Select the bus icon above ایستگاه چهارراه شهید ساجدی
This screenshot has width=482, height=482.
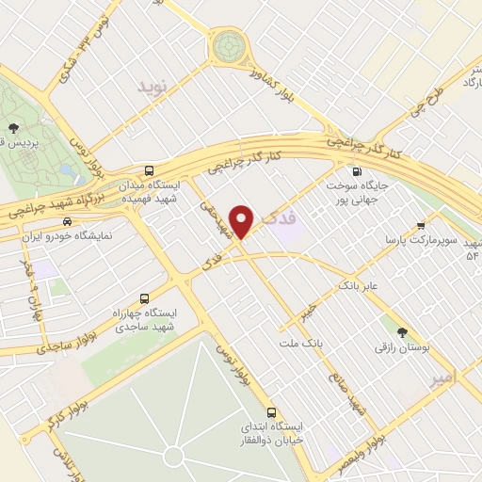click(x=144, y=296)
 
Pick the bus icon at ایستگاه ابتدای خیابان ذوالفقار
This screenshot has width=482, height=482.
click(x=272, y=412)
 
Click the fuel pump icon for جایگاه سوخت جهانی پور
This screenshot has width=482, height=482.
click(x=356, y=171)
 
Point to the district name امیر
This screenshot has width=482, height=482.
click(x=440, y=378)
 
